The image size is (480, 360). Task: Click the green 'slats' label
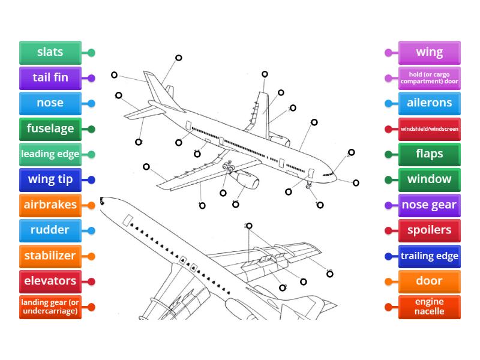[50, 52]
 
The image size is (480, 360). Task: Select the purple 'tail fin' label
[50, 78]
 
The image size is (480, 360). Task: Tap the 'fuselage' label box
[50, 128]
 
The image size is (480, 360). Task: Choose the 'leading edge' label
[50, 154]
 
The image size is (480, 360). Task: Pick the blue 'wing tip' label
[50, 179]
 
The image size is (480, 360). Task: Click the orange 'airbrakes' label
[50, 205]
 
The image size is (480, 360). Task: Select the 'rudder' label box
[50, 230]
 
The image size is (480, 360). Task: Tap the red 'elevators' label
[50, 281]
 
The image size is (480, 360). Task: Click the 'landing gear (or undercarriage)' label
[50, 307]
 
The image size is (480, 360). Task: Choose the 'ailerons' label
[430, 103]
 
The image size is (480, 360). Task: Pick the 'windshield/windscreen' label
[430, 129]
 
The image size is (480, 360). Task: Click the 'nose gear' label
[430, 205]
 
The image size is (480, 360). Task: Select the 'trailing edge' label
[430, 256]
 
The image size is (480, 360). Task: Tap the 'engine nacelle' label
[430, 307]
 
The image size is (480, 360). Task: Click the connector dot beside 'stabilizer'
[91, 256]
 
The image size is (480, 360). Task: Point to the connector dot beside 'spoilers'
[388, 230]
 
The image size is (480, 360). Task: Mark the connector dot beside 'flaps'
[388, 154]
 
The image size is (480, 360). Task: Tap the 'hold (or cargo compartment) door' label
[430, 78]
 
